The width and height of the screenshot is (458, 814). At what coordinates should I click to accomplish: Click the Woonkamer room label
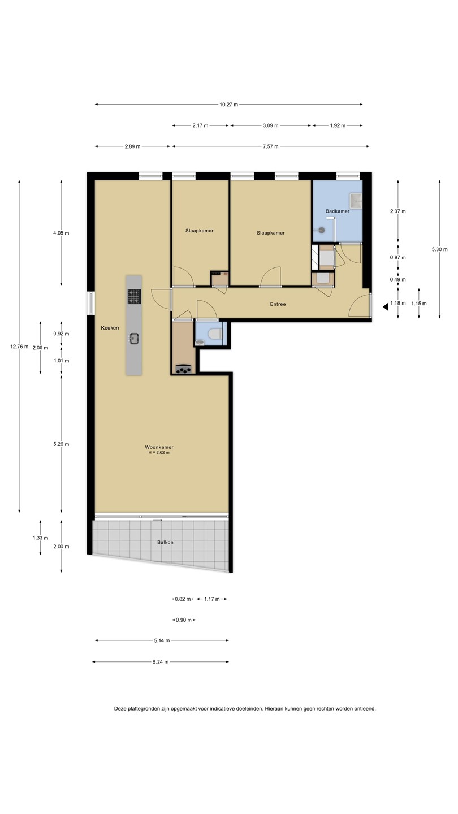coord(159,447)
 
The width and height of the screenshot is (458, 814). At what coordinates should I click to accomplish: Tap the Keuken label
coord(110,328)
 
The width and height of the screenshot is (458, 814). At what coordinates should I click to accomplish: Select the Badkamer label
coord(338,211)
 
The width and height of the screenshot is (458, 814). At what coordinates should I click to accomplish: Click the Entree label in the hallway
coord(278,304)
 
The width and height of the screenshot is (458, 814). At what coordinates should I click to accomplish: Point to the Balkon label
coord(165,542)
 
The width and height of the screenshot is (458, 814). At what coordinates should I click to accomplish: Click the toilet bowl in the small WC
coord(214,334)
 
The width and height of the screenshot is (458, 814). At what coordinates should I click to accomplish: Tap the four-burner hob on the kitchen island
coord(134,296)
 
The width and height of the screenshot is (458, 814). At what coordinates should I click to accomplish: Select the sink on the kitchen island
coord(134,339)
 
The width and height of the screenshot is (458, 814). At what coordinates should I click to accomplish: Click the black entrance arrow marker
coord(385,307)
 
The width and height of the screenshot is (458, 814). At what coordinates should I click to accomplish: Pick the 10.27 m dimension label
coord(228,105)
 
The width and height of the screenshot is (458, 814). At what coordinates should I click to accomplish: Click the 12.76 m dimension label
coord(19,347)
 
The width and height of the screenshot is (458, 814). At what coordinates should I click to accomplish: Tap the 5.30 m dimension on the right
coord(439,249)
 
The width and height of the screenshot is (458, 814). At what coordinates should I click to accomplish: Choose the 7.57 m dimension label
coord(270,146)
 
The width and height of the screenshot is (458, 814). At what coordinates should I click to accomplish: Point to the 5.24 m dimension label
coord(161,662)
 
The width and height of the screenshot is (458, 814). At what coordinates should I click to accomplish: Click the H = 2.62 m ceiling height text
coord(159,453)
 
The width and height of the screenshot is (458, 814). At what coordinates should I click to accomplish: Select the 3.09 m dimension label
coord(270,125)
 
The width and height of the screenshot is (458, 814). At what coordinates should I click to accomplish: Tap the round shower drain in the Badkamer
coord(321,230)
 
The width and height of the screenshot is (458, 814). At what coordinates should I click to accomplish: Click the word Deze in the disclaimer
coord(120,709)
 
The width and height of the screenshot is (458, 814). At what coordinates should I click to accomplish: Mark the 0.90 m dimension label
coord(184,620)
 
